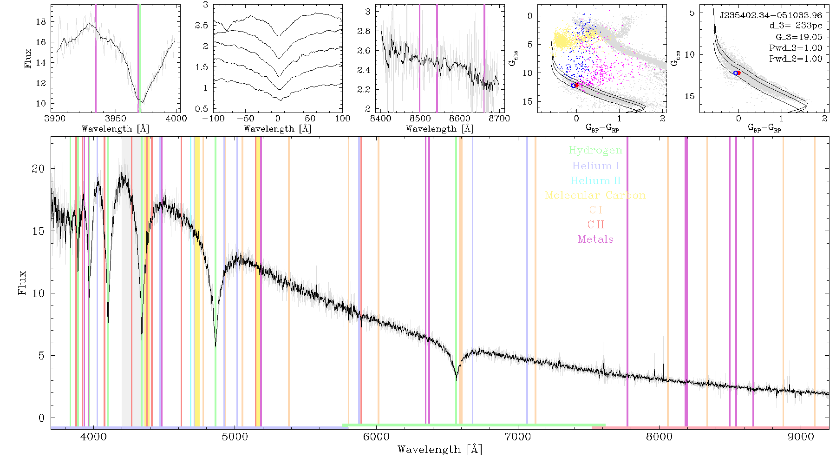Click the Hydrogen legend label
595,151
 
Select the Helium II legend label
595,180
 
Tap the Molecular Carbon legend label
595,195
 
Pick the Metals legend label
596,239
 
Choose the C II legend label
596,225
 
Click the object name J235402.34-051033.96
771,15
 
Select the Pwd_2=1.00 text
796,59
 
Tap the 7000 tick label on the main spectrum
517,437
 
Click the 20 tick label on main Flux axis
38,169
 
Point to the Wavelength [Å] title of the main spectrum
440,450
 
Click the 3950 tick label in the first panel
116,119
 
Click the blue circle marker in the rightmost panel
735,73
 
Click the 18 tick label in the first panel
41,22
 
